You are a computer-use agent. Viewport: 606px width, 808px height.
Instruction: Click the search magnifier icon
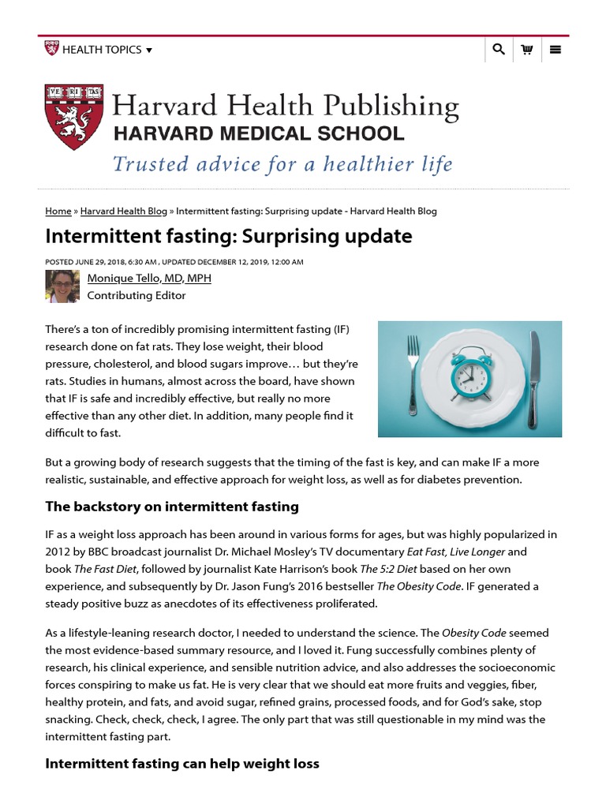point(498,50)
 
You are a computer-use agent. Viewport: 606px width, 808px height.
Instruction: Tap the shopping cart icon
point(526,50)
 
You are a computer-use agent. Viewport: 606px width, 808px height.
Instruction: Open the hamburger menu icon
point(555,50)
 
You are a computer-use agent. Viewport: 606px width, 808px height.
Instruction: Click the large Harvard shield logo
point(73,117)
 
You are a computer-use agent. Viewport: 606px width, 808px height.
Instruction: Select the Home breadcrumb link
point(58,211)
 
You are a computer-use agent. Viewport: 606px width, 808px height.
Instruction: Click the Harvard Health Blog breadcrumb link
point(124,211)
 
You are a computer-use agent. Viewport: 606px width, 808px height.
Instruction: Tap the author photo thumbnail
point(62,286)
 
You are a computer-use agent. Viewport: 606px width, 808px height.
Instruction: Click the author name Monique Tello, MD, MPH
point(149,279)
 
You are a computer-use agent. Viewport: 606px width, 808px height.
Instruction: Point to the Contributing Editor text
point(137,296)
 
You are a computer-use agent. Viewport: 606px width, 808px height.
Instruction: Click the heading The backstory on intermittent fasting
point(172,507)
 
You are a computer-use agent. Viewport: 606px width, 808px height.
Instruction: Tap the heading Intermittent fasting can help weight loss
point(182,764)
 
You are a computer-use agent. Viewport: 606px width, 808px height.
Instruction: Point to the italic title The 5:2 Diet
point(387,569)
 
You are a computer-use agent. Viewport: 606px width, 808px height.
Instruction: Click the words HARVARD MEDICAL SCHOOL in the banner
point(258,133)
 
